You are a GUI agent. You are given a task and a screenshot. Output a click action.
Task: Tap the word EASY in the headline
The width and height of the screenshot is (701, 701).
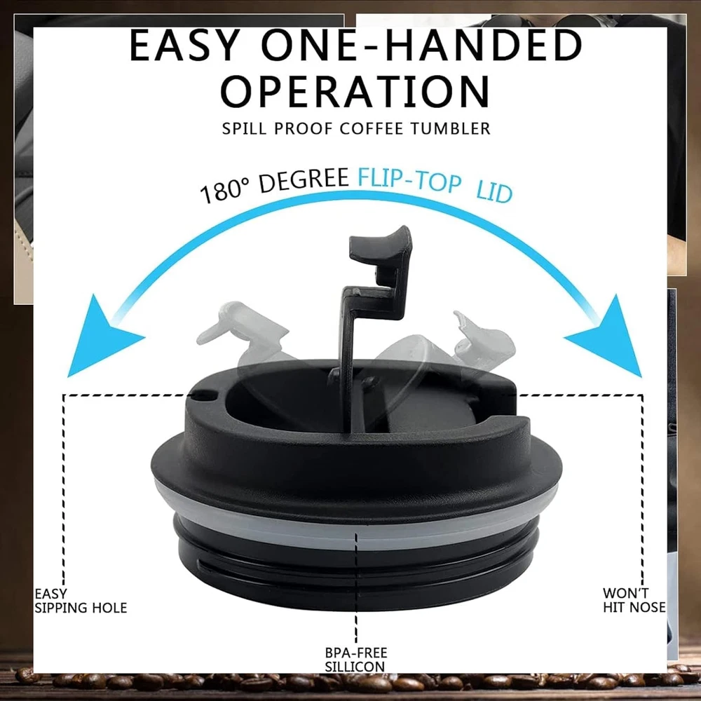pos(184,45)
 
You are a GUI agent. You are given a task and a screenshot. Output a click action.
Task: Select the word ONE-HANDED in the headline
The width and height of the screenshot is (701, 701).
pos(421,45)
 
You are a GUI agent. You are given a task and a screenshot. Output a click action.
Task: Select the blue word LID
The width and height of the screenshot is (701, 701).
pos(494,192)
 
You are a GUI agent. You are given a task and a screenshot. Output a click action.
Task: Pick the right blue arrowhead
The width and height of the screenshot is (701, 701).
pos(609,336)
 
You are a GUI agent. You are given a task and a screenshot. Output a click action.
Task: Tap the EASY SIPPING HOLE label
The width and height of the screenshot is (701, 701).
pos(81,601)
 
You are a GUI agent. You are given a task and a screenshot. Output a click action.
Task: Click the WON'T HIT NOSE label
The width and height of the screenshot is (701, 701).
pos(634,600)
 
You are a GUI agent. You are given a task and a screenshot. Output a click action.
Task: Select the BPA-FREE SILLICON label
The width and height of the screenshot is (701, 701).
pos(356,660)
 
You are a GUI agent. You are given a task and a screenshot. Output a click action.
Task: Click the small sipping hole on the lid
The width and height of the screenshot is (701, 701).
pos(205,395)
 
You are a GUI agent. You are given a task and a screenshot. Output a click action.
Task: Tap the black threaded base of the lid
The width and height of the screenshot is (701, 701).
pos(356,577)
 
